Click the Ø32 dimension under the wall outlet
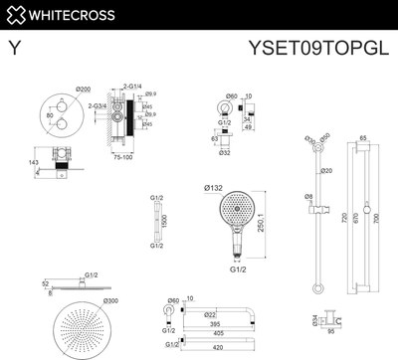tap(225, 153)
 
